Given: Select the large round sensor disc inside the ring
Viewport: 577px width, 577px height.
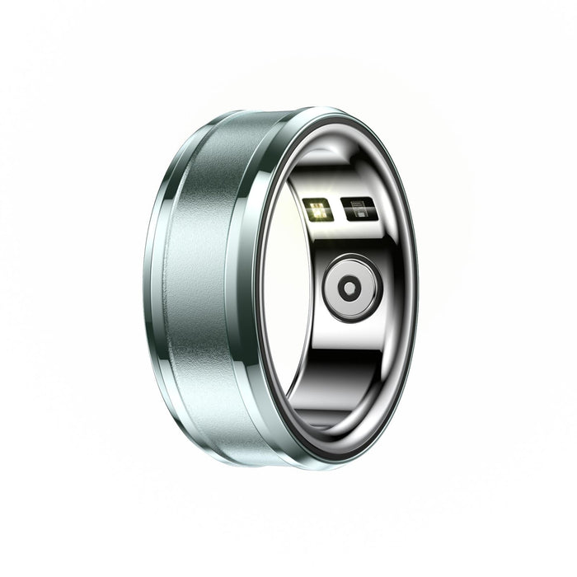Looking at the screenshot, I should click(352, 287).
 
